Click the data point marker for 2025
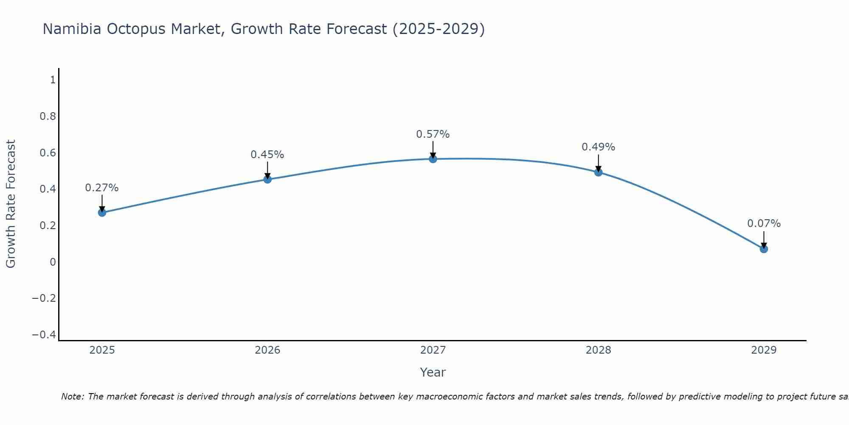coord(102,212)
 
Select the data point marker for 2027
coord(433,159)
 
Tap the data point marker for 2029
coord(764,249)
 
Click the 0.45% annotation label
coord(267,155)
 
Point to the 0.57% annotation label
coord(433,134)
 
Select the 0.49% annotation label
coord(598,147)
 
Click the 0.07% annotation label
coord(764,224)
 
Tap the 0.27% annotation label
coord(102,188)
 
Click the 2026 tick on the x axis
coord(267,350)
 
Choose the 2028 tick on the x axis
coord(598,350)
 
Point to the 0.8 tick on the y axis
coord(48,116)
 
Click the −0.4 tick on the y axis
coord(44,335)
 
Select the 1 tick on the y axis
coord(53,80)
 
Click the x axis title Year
coord(433,372)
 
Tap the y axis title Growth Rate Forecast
coord(11,204)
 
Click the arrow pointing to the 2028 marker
coord(598,163)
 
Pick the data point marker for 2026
coord(267,179)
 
